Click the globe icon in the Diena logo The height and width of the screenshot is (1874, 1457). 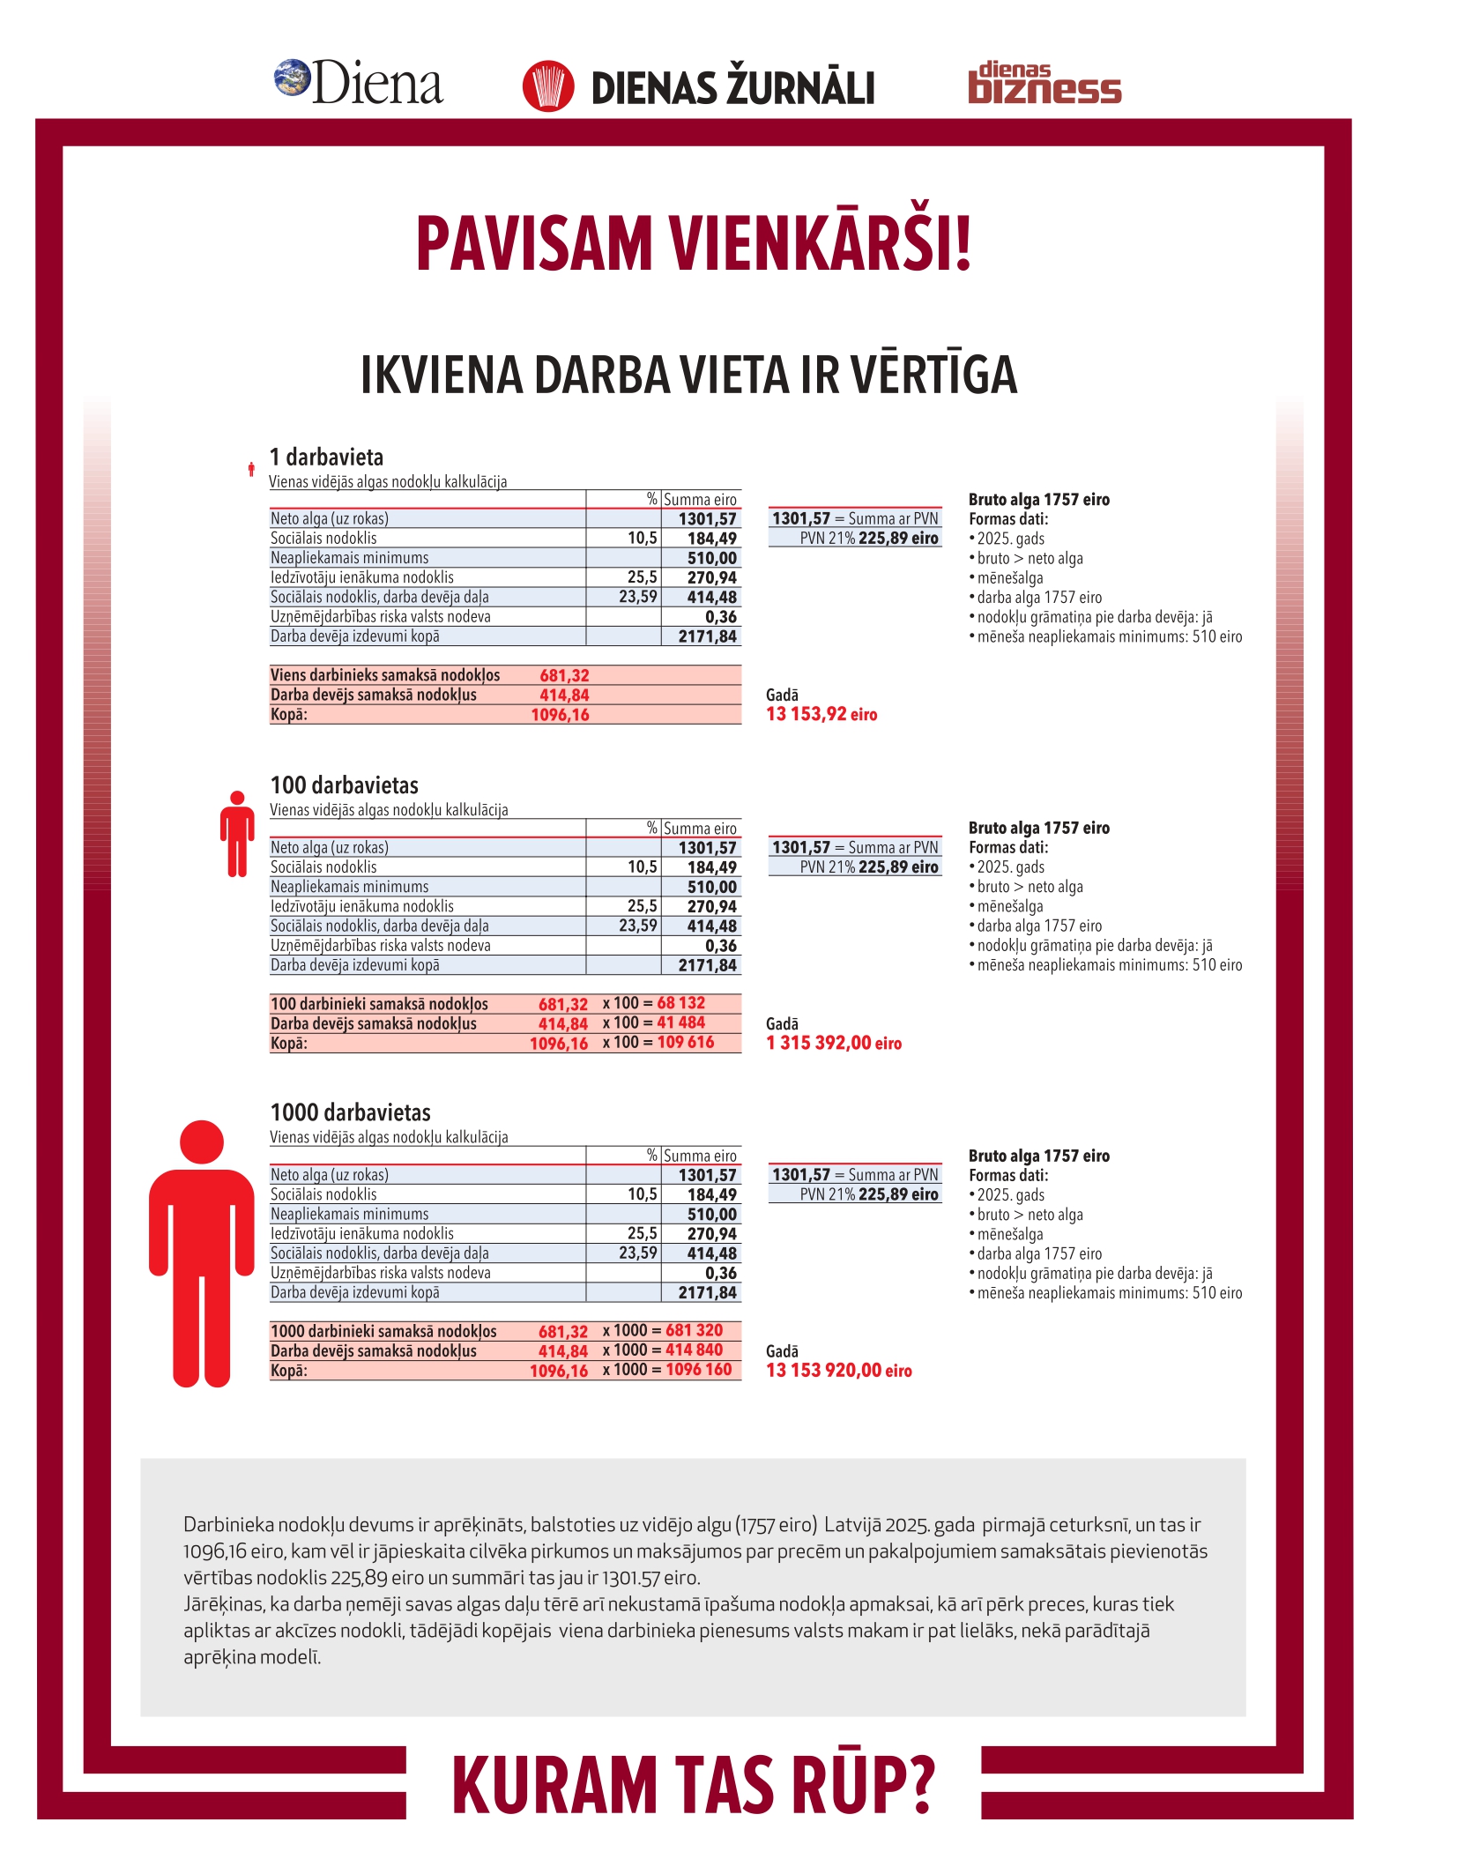(x=292, y=78)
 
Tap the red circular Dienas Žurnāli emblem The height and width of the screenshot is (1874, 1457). (x=547, y=86)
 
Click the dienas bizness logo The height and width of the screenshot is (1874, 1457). (x=1044, y=84)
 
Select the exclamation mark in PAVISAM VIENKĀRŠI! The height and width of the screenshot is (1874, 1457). (x=963, y=243)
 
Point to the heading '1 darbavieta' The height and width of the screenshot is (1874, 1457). (x=326, y=457)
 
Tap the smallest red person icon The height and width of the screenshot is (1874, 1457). (x=251, y=470)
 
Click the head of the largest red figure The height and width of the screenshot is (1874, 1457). (x=202, y=1142)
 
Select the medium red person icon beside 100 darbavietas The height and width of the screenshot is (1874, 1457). (x=236, y=833)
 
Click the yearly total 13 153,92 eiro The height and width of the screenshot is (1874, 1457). (x=821, y=714)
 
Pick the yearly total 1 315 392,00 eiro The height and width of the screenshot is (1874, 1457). (x=834, y=1043)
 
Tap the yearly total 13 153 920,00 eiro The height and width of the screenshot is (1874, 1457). (x=838, y=1370)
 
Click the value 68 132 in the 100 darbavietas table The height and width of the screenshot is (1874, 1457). (x=680, y=1003)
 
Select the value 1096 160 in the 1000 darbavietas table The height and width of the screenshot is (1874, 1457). (x=698, y=1369)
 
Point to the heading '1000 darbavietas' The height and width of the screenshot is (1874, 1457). (x=350, y=1112)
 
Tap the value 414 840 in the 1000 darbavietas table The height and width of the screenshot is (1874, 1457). (x=694, y=1350)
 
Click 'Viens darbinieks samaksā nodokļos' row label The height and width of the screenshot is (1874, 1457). (x=385, y=675)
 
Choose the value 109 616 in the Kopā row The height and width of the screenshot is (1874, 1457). (x=685, y=1042)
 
